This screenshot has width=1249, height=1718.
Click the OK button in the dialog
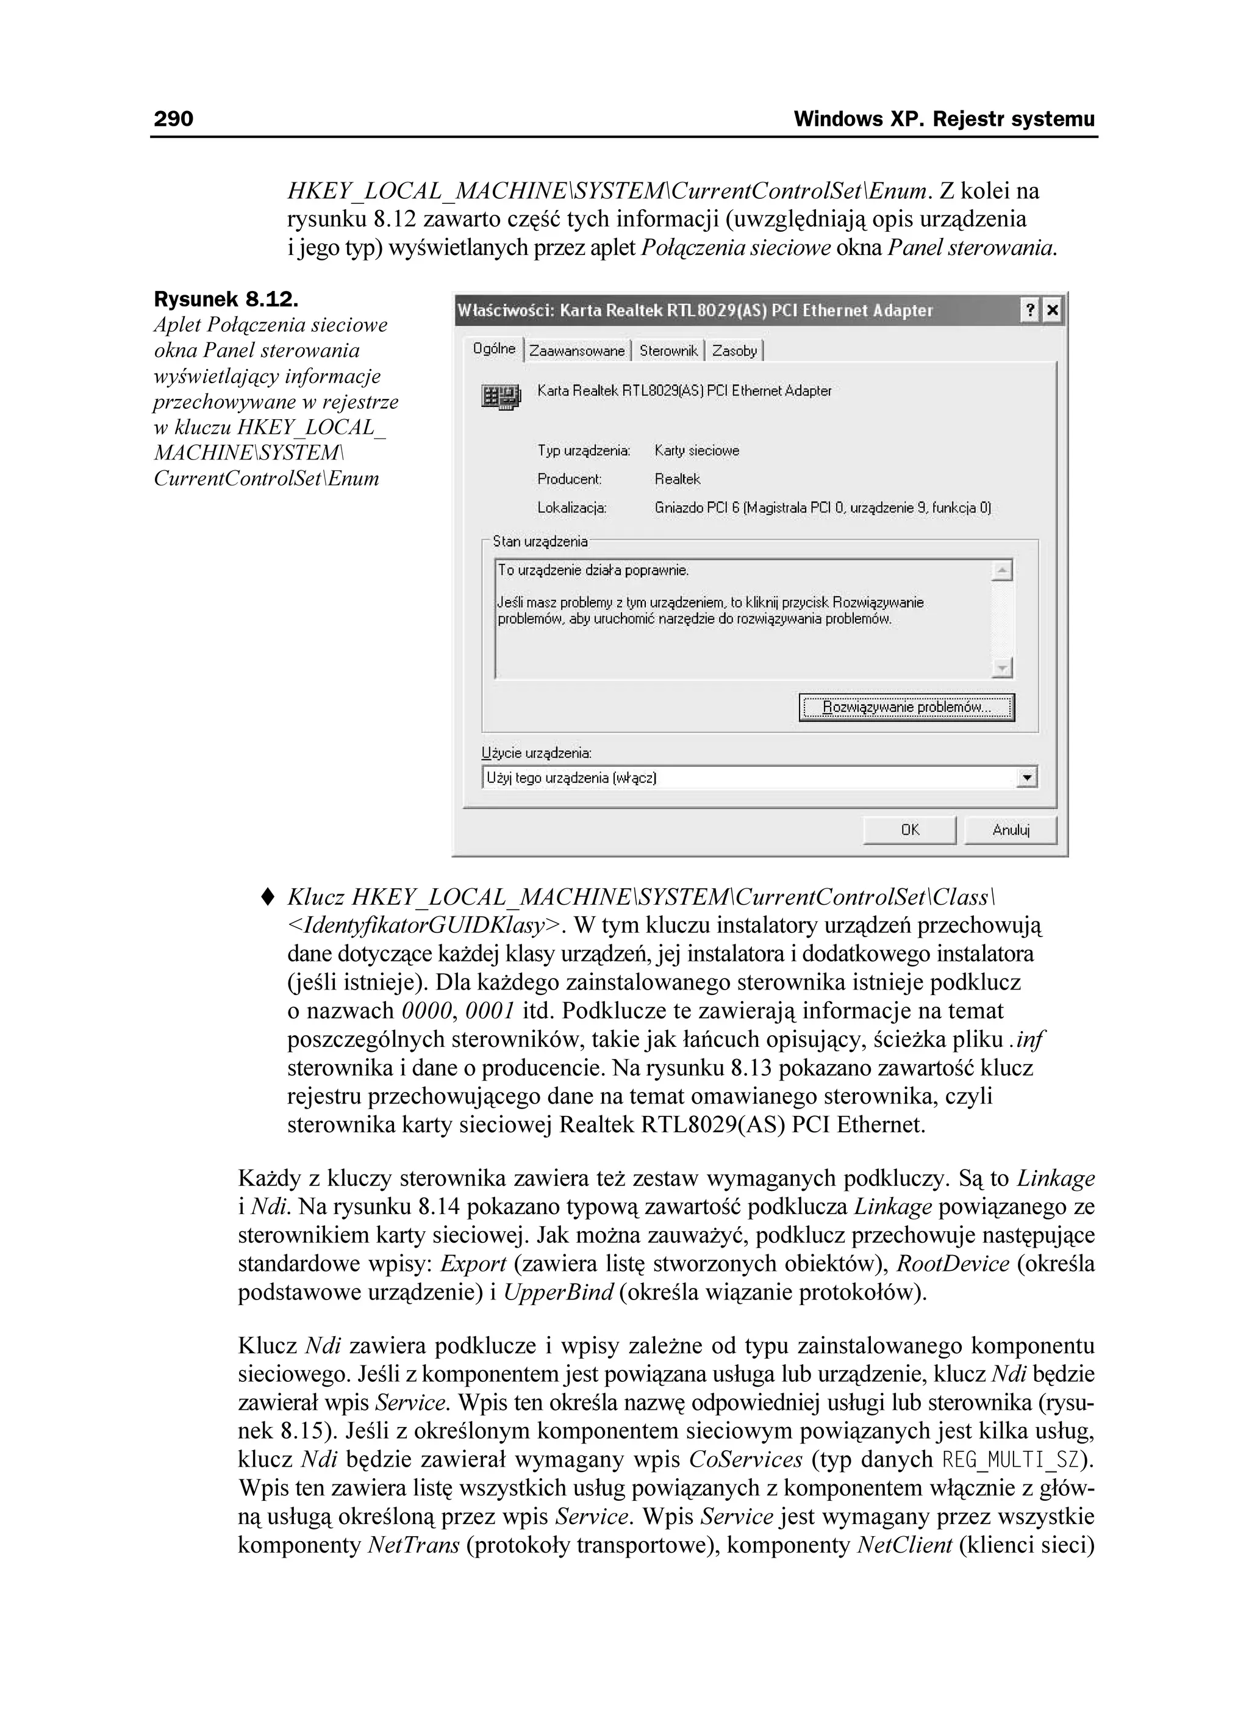[x=910, y=830]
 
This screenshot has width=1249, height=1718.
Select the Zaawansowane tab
[x=576, y=351]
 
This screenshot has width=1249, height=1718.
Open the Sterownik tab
[x=667, y=351]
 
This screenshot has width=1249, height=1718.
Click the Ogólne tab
[x=494, y=348]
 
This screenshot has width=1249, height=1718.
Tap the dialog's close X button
[x=1052, y=311]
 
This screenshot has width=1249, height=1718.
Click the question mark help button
[x=1029, y=311]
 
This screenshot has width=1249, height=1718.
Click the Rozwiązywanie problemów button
[x=907, y=708]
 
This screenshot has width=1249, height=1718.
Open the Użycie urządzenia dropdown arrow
[x=1027, y=778]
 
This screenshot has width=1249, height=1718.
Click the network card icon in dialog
[x=501, y=396]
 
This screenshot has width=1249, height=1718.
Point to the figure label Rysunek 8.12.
[x=226, y=299]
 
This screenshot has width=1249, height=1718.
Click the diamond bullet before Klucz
[x=267, y=897]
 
